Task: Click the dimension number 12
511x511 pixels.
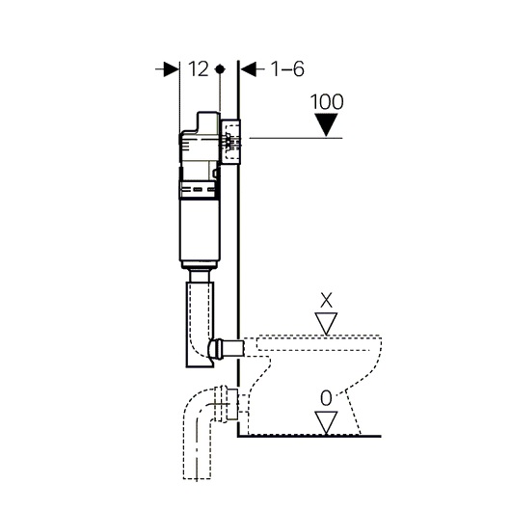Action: tap(199, 69)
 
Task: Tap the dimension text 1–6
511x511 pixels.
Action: tap(287, 69)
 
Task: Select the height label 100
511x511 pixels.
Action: tap(327, 101)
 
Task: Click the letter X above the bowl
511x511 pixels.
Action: tap(326, 300)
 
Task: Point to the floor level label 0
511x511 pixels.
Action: tap(326, 398)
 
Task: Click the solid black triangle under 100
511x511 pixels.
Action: tap(326, 124)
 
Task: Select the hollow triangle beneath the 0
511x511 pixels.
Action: tap(326, 422)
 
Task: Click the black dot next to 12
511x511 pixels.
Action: tap(220, 69)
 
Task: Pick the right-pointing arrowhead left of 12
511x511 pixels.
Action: tap(172, 69)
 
